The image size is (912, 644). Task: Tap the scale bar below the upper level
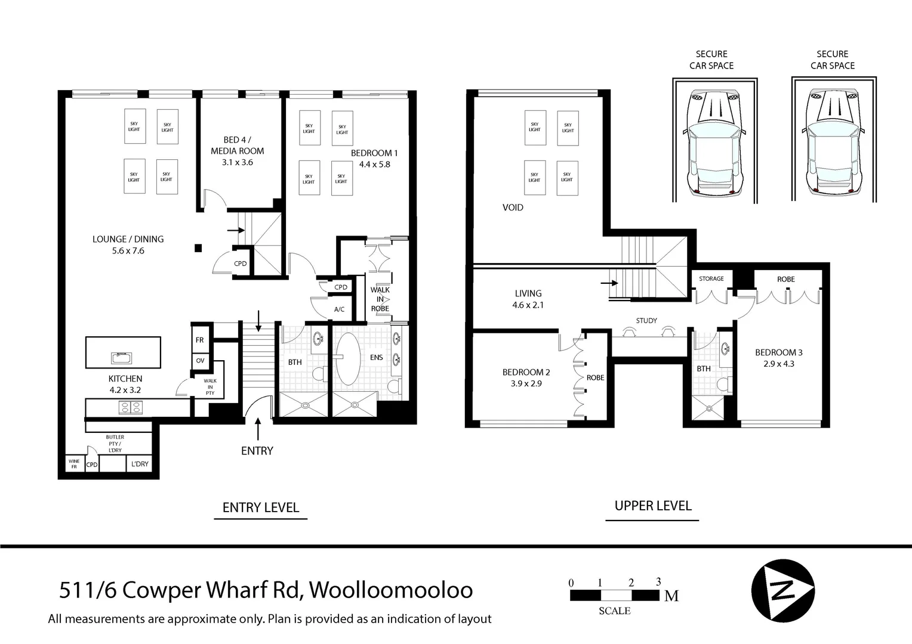(x=615, y=595)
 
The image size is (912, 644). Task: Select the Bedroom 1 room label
(x=374, y=153)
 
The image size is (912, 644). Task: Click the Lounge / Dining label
(x=128, y=239)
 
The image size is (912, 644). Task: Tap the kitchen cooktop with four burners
(x=131, y=407)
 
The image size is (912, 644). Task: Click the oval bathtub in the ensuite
(x=348, y=358)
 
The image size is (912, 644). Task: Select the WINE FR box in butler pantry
(x=74, y=464)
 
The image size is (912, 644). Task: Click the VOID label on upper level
(x=513, y=208)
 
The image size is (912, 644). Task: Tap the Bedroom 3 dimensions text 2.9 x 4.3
(x=779, y=364)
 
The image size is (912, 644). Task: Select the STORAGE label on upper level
(x=711, y=278)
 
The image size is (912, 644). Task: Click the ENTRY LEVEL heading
(x=261, y=507)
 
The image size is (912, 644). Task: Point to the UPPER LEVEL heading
(x=653, y=506)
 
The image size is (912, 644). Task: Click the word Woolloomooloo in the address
(x=392, y=590)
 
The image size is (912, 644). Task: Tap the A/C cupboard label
(x=339, y=309)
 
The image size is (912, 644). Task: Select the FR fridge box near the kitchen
(x=199, y=340)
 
